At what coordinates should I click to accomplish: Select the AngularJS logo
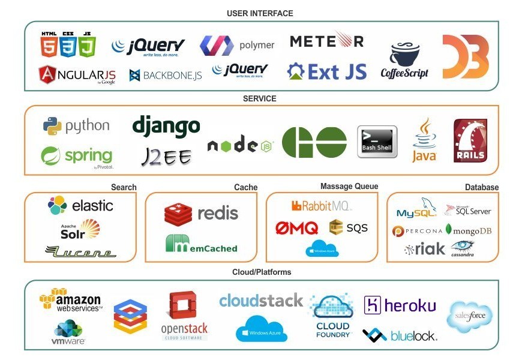pyautogui.click(x=77, y=74)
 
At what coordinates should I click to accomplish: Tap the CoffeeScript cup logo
pyautogui.click(x=404, y=61)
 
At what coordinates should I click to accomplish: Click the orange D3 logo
pyautogui.click(x=466, y=56)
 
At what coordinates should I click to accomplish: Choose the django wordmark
pyautogui.click(x=166, y=126)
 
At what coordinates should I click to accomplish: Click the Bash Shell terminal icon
pyautogui.click(x=377, y=142)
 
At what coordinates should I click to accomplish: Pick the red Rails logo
pyautogui.click(x=470, y=141)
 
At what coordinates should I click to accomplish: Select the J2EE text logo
pyautogui.click(x=166, y=157)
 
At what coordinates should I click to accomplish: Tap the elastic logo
pyautogui.click(x=80, y=206)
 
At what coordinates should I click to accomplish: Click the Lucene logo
pyautogui.click(x=80, y=252)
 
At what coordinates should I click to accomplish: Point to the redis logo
pyautogui.click(x=202, y=213)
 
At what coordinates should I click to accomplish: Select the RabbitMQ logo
pyautogui.click(x=322, y=206)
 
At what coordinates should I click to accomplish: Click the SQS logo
pyautogui.click(x=349, y=227)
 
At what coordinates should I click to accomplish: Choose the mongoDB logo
pyautogui.click(x=469, y=230)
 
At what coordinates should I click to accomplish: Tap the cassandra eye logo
pyautogui.click(x=463, y=248)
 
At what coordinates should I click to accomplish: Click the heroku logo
pyautogui.click(x=400, y=305)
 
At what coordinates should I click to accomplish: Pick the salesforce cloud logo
pyautogui.click(x=470, y=316)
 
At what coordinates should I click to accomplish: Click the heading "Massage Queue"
pyautogui.click(x=349, y=187)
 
